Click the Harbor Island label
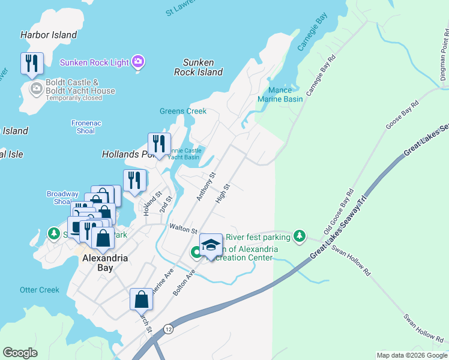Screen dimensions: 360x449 click(49, 35)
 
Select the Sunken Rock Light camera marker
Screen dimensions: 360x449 click(139, 62)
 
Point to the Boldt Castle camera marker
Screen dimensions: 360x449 click(36, 89)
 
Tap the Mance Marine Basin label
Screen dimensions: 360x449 click(280, 94)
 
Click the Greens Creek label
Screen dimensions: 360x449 click(183, 111)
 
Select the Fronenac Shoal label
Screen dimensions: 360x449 click(86, 127)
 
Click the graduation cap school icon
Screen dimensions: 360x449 click(210, 244)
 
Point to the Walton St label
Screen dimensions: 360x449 click(183, 229)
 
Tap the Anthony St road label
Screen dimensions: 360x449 click(205, 187)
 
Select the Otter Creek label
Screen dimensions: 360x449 click(40, 290)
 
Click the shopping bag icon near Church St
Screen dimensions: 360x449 click(141, 299)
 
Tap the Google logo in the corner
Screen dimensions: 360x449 click(20, 353)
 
